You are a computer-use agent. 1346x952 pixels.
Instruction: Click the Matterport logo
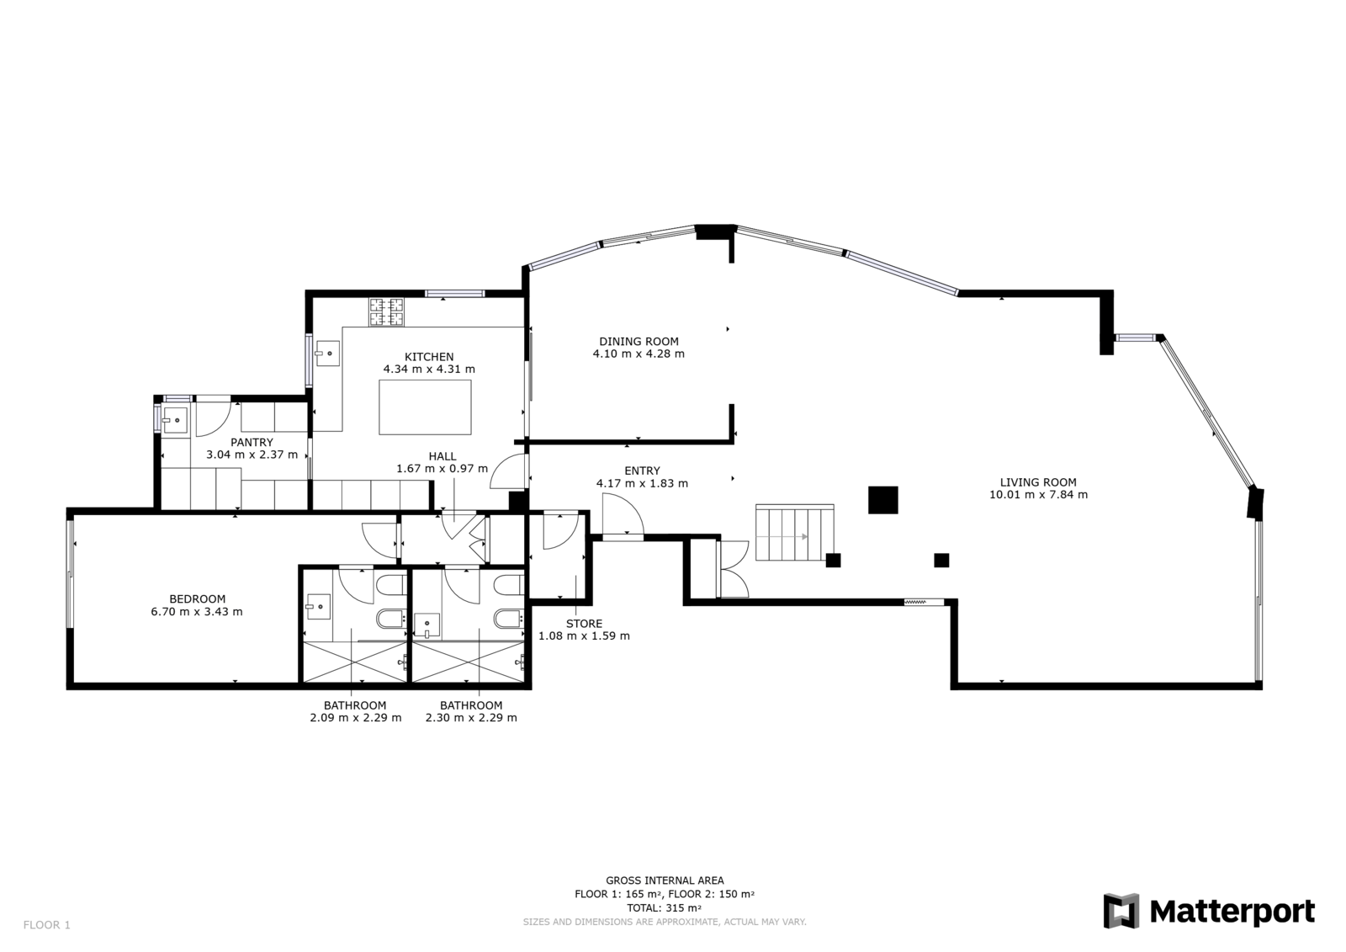(1209, 911)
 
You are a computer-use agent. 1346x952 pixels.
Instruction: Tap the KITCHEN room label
(429, 357)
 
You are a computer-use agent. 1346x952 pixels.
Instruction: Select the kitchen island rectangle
(425, 407)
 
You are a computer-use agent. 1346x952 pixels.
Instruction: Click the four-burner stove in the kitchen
(387, 313)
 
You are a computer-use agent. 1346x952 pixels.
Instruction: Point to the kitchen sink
(328, 353)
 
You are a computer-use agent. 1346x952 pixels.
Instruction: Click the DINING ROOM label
(639, 342)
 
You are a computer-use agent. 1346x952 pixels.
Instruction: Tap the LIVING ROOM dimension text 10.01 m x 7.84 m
(1038, 495)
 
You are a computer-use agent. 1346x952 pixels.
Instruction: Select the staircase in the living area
(795, 533)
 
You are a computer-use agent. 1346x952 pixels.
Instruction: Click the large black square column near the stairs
(882, 500)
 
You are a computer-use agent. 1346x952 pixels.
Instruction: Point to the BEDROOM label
(197, 599)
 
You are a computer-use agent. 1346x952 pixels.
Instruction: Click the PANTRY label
(252, 443)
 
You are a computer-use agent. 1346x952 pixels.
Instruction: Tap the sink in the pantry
(175, 420)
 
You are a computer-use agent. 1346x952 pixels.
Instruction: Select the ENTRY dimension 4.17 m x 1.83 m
(642, 483)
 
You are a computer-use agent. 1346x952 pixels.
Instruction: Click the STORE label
(584, 625)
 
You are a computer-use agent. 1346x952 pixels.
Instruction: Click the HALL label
(442, 456)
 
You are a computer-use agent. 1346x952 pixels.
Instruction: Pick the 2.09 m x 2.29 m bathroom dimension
(356, 717)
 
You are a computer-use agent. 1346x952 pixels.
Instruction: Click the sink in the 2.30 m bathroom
(427, 625)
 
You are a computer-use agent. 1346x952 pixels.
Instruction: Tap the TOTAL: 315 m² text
(664, 908)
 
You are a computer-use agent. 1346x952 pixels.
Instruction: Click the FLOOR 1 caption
(47, 925)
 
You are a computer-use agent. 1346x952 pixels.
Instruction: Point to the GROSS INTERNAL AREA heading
(665, 881)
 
